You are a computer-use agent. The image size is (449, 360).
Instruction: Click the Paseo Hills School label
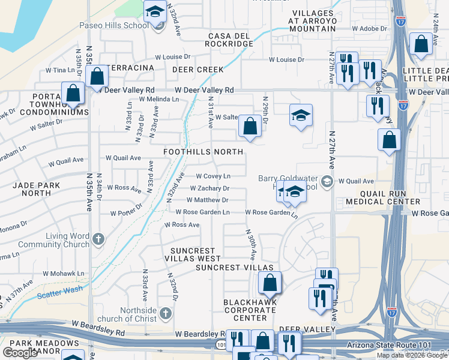(113, 26)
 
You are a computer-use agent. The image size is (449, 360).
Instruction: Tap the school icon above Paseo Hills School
(155, 12)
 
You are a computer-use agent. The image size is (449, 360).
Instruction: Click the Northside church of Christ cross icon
(166, 313)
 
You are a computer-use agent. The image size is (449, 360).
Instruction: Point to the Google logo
(20, 353)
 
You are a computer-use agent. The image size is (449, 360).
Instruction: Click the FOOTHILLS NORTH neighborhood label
(204, 152)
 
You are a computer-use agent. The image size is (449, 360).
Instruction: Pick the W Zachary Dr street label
(209, 188)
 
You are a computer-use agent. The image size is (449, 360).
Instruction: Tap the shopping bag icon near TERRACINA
(97, 77)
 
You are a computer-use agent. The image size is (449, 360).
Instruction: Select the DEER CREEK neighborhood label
(197, 70)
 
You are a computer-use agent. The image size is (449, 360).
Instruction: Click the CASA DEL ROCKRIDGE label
(229, 40)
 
